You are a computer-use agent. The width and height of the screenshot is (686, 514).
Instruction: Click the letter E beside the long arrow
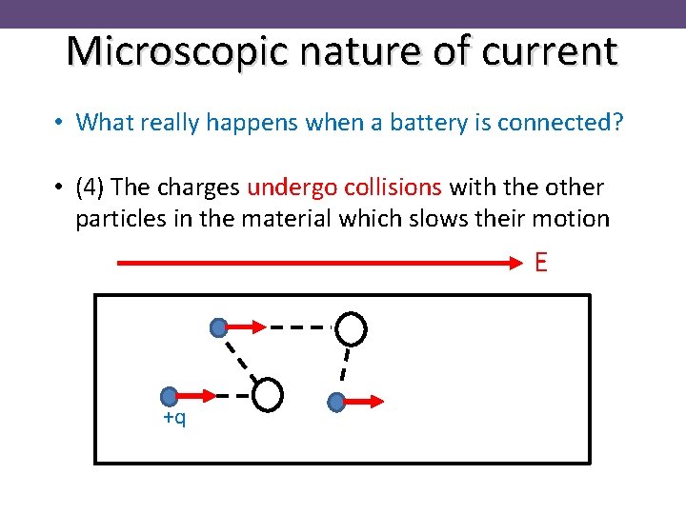click(541, 262)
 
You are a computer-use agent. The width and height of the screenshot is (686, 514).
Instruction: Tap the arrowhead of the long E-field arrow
click(514, 260)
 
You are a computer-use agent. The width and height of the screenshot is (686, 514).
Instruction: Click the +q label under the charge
click(174, 418)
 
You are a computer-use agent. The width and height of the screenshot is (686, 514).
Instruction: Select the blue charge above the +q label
click(170, 396)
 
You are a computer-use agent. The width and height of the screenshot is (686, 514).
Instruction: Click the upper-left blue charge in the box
click(219, 328)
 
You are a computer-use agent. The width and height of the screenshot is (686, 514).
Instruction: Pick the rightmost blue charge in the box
click(336, 403)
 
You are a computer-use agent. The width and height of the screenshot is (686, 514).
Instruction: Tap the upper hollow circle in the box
click(351, 328)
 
